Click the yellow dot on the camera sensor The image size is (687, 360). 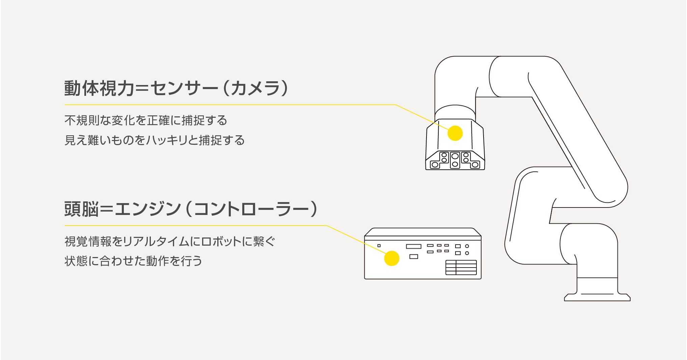pos(455,133)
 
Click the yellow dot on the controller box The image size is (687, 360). pos(392,258)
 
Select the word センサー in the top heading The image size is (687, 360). pos(184,88)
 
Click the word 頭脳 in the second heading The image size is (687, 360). pos(81,209)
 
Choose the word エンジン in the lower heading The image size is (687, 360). pos(148,209)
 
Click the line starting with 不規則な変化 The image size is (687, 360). pos(146,120)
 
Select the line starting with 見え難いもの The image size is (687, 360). pos(155,140)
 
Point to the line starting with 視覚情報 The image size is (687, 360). pos(170,241)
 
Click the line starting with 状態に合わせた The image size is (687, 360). pos(133,261)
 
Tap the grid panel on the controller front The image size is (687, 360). pos(461,268)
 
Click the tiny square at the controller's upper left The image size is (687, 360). pos(379,246)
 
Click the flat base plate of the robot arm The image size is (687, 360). pos(597,297)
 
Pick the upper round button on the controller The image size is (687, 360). pos(467,246)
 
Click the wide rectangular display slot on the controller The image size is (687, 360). pos(413,246)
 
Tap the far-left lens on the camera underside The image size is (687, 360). pos(435,165)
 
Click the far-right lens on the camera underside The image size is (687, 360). pos(475,165)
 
